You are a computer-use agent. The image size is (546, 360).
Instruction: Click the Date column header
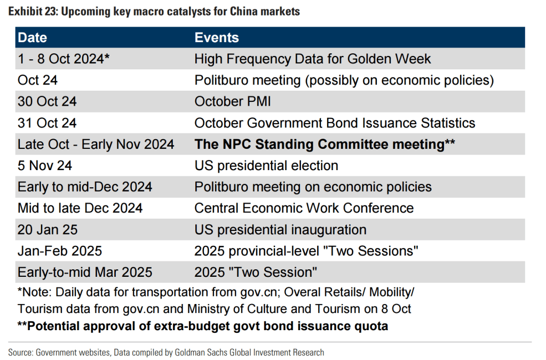click(x=33, y=37)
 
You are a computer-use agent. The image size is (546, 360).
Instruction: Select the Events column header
click(x=217, y=37)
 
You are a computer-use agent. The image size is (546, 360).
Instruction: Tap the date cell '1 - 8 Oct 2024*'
click(x=64, y=59)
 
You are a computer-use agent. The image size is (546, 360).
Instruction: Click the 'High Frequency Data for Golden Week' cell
click(x=313, y=59)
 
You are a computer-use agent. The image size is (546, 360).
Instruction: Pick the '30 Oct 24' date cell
click(x=47, y=101)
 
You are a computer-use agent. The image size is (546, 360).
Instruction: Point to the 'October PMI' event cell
click(x=233, y=101)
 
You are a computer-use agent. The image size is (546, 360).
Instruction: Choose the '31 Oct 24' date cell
click(x=47, y=123)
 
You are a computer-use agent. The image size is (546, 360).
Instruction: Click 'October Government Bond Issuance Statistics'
click(x=335, y=123)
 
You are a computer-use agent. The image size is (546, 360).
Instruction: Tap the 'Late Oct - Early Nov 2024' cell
click(x=96, y=145)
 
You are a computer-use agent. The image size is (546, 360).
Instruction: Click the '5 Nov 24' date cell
click(x=45, y=165)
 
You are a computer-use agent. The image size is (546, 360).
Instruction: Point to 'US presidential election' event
click(x=266, y=166)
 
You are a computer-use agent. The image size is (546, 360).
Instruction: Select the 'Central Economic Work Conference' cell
click(x=304, y=209)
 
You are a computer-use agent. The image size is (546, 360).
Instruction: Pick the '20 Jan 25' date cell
click(x=48, y=230)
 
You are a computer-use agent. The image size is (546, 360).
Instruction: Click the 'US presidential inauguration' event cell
click(x=280, y=230)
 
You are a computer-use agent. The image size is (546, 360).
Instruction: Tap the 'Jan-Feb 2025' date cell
click(x=60, y=251)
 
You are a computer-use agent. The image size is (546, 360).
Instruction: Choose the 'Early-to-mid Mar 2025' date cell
click(x=85, y=273)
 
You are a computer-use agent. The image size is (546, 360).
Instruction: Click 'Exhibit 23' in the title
click(x=33, y=12)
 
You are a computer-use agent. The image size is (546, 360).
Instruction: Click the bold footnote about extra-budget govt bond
click(x=203, y=326)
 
